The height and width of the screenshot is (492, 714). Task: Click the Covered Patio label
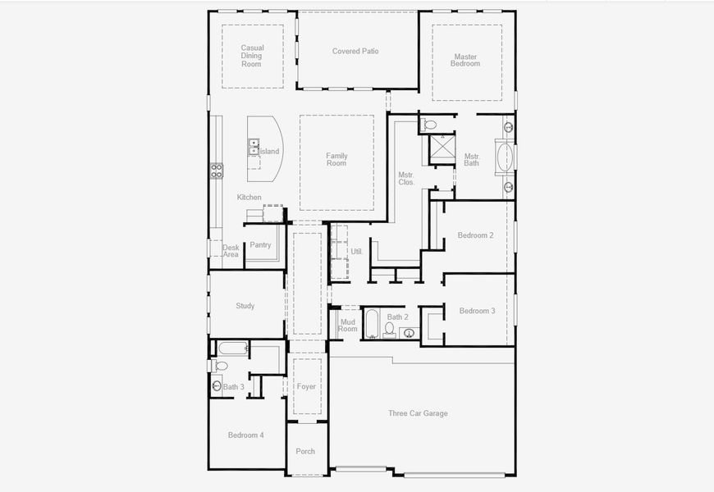point(355,51)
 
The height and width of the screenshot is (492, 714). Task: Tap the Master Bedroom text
point(465,59)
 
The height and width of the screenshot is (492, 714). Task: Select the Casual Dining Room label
point(251,56)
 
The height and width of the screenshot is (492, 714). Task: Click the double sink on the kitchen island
point(254,148)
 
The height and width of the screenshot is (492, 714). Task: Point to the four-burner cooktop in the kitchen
point(217,171)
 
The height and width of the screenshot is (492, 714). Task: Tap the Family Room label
point(336,159)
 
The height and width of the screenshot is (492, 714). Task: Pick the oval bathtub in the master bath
point(504,156)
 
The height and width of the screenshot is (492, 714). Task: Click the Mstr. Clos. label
point(405,178)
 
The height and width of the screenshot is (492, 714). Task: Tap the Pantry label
point(260,245)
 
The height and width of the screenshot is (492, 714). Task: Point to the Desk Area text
point(231,251)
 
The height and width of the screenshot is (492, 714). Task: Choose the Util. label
point(356,252)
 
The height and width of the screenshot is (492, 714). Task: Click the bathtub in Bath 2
point(372,323)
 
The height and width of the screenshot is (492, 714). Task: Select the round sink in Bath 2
point(408,332)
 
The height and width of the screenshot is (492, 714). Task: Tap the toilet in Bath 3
point(221,366)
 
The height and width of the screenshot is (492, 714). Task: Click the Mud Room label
point(348,325)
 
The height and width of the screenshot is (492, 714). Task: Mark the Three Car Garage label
point(418,413)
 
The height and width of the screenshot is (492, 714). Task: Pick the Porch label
point(305,451)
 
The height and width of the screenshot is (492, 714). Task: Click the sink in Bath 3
point(216,385)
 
